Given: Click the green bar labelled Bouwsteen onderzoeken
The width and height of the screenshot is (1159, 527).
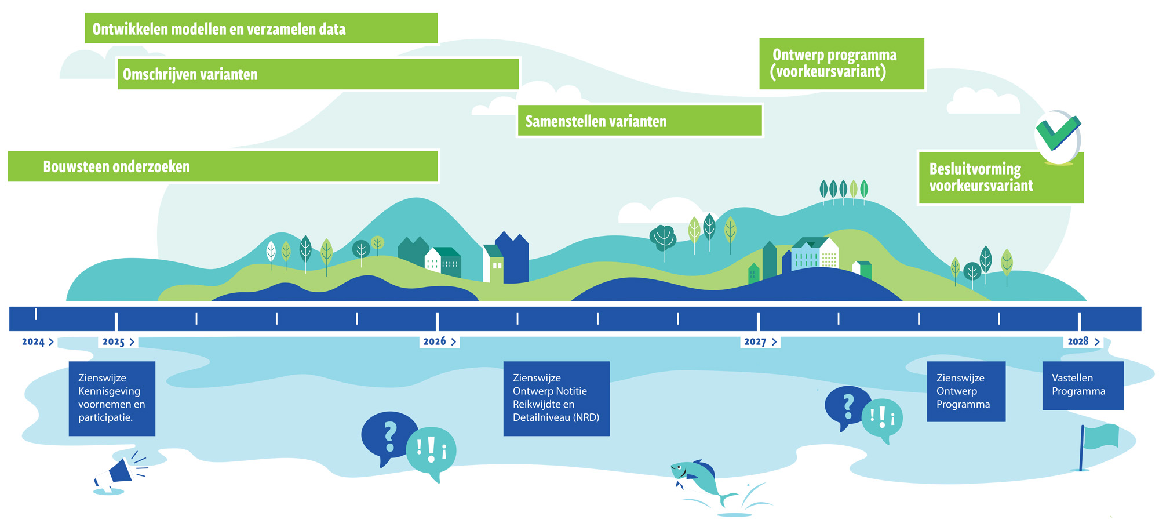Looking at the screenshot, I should point(223,166).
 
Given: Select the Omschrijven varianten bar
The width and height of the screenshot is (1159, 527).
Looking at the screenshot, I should point(318,74).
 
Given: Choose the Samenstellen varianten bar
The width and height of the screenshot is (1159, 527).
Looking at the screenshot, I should point(639,121).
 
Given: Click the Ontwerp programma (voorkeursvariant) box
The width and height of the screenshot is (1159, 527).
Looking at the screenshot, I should point(841,64).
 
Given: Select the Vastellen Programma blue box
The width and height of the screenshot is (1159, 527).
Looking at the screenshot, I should point(1083,386).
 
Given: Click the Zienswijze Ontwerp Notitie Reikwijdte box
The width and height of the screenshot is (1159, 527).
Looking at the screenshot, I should point(556,398).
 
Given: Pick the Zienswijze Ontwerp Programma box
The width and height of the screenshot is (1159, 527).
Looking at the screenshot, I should point(965,391).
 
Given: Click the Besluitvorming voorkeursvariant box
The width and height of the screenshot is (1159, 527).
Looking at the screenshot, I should point(1000,178).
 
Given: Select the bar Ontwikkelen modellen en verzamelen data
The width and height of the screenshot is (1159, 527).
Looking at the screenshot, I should point(261,28).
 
